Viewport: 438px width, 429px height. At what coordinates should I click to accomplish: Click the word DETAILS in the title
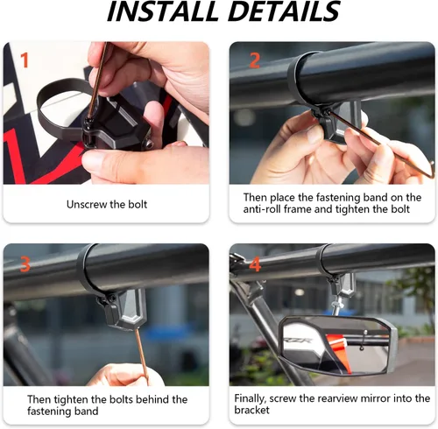coord(282,13)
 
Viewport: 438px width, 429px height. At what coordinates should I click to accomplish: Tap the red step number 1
coord(25,60)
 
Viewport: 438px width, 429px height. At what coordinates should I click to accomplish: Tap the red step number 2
coord(255,60)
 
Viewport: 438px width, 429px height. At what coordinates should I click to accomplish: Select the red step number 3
coord(25,263)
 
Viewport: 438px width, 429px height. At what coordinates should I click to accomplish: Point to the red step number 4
coord(255,263)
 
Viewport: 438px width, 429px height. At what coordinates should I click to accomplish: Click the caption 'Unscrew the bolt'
coord(106,204)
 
